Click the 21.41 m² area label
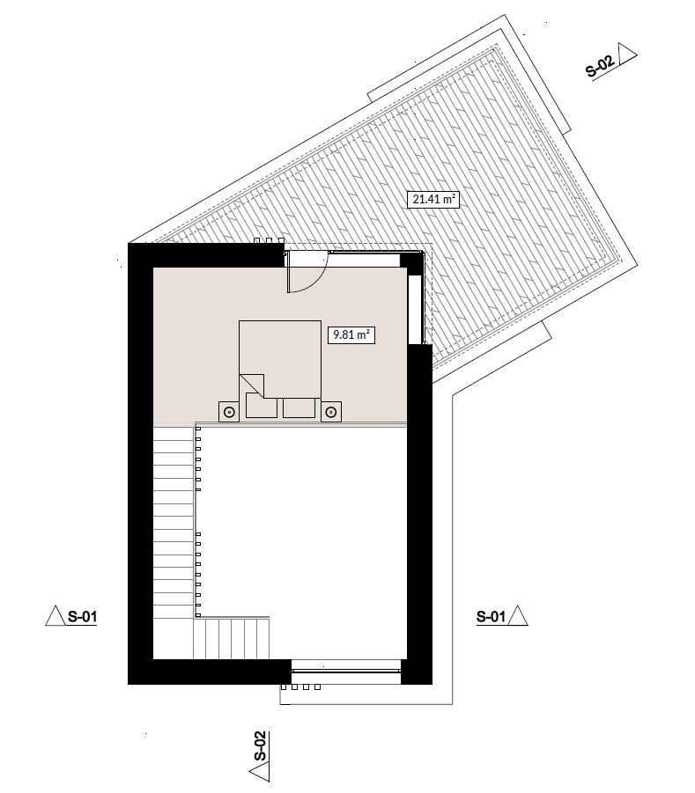click(x=433, y=199)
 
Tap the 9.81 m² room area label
click(x=351, y=334)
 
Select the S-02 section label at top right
click(x=601, y=67)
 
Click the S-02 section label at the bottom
click(x=259, y=746)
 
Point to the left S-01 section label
click(x=82, y=617)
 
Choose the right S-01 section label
click(x=491, y=616)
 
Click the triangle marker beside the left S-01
click(x=55, y=616)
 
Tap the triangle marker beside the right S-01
click(x=518, y=616)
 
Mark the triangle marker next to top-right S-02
click(x=626, y=54)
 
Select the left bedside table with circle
click(x=229, y=412)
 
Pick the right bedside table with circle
click(x=330, y=412)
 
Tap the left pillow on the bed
click(x=262, y=408)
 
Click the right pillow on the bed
click(x=299, y=408)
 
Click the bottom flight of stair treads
click(x=232, y=638)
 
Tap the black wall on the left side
click(x=140, y=463)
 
